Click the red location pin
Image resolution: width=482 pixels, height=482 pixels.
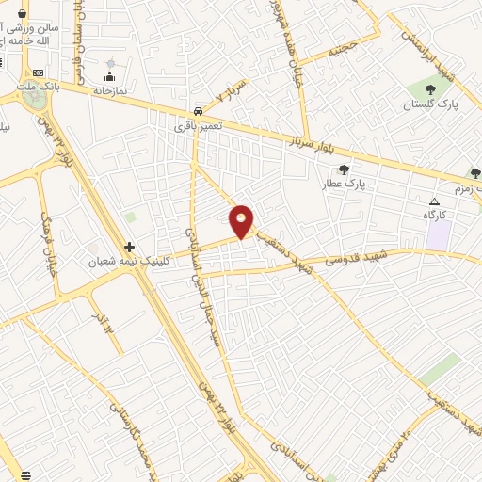[242, 219]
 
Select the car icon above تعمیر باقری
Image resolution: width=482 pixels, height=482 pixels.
[196, 108]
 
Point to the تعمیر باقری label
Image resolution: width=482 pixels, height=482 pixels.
[199, 123]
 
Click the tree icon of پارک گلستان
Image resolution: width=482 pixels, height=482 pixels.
[430, 89]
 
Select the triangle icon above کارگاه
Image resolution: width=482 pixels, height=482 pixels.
[434, 201]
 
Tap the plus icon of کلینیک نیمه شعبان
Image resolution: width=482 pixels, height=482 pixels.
[129, 247]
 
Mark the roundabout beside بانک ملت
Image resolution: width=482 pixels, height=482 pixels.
[37, 101]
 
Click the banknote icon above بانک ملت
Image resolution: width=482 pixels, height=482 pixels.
[38, 72]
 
